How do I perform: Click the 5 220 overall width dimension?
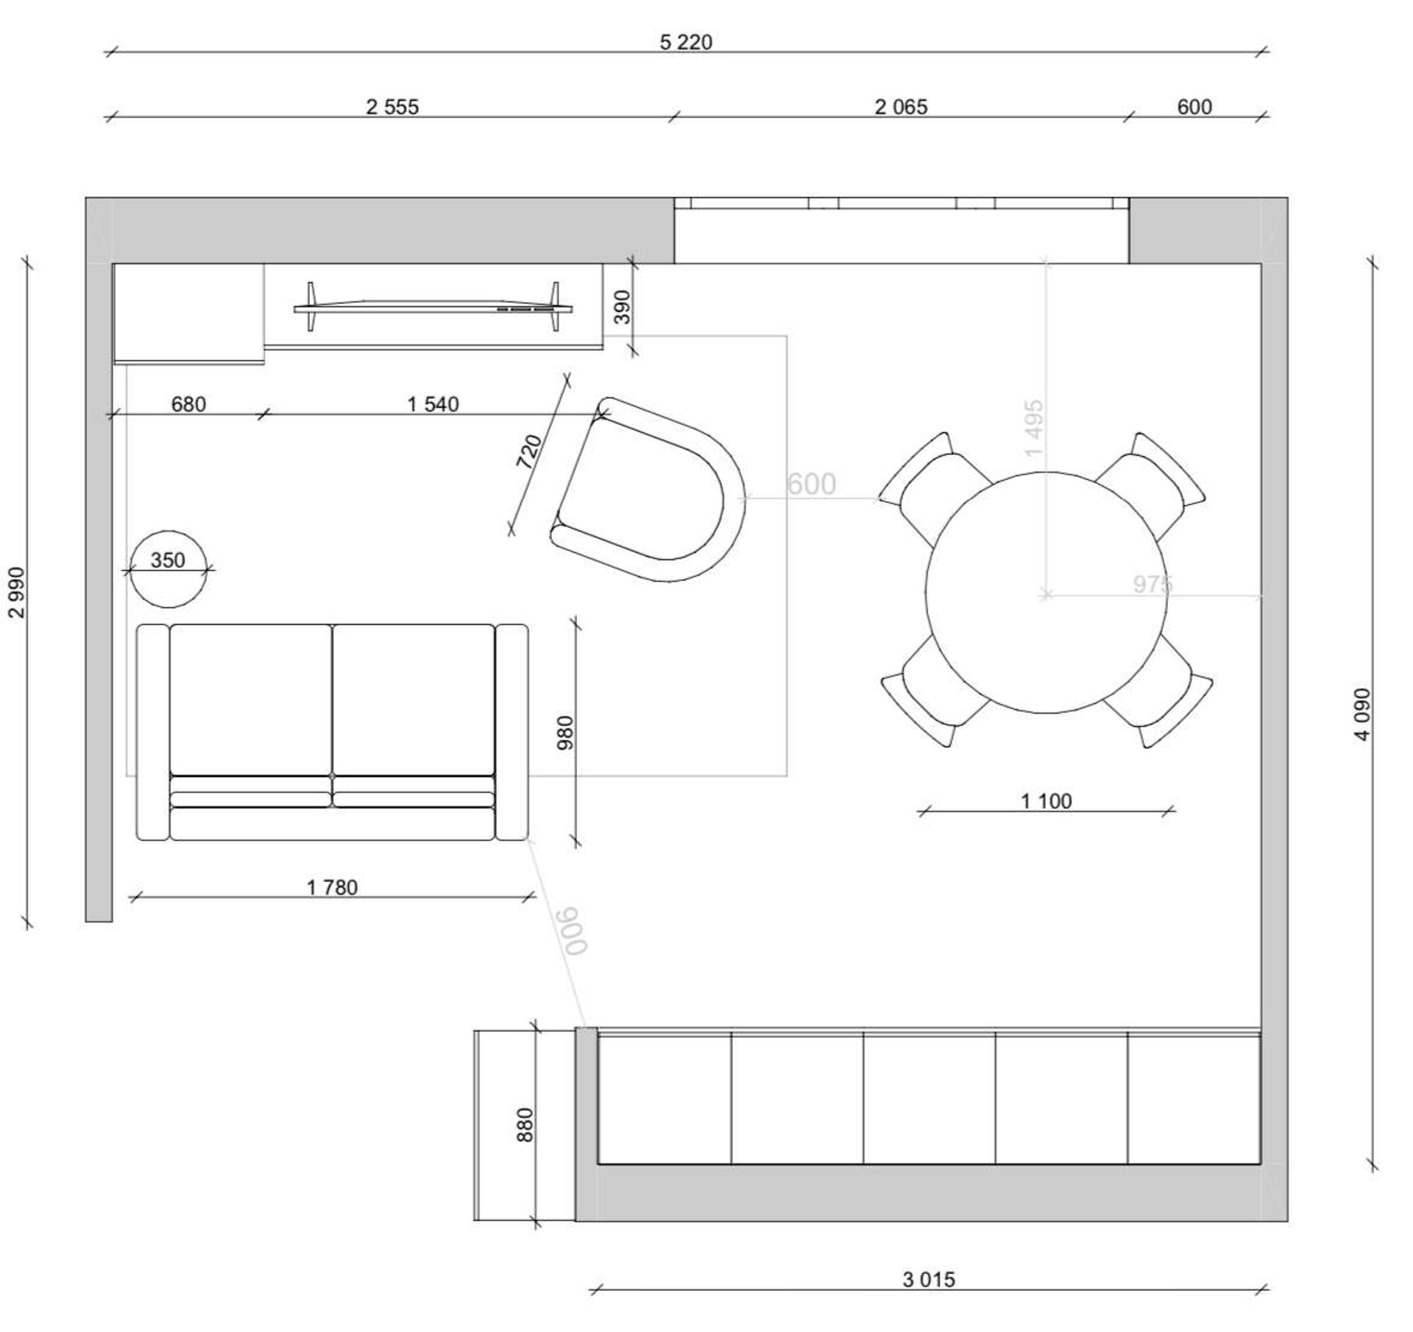(686, 43)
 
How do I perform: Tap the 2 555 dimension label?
(392, 108)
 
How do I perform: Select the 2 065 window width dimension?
(901, 108)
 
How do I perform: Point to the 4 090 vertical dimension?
(1363, 714)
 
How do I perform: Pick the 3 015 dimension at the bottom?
(929, 1280)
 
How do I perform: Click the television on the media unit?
(433, 307)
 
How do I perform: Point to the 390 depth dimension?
(623, 307)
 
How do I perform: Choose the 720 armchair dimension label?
(529, 452)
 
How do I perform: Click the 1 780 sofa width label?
(332, 888)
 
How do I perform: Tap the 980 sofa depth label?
(565, 733)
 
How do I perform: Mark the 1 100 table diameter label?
(1046, 801)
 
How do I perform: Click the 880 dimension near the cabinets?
(525, 1124)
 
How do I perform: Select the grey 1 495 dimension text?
(1034, 428)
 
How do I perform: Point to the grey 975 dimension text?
(1152, 584)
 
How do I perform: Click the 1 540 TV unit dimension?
(433, 404)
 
